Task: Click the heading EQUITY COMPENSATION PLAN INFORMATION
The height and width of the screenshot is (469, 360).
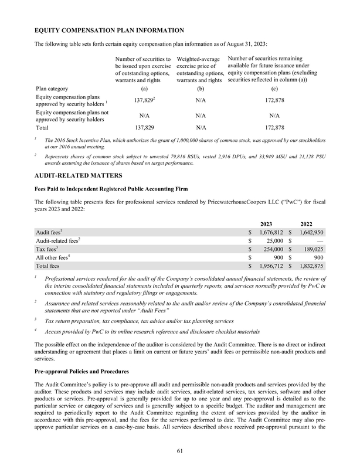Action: tap(110, 29)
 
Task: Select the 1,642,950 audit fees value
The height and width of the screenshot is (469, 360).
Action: tap(311, 234)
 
